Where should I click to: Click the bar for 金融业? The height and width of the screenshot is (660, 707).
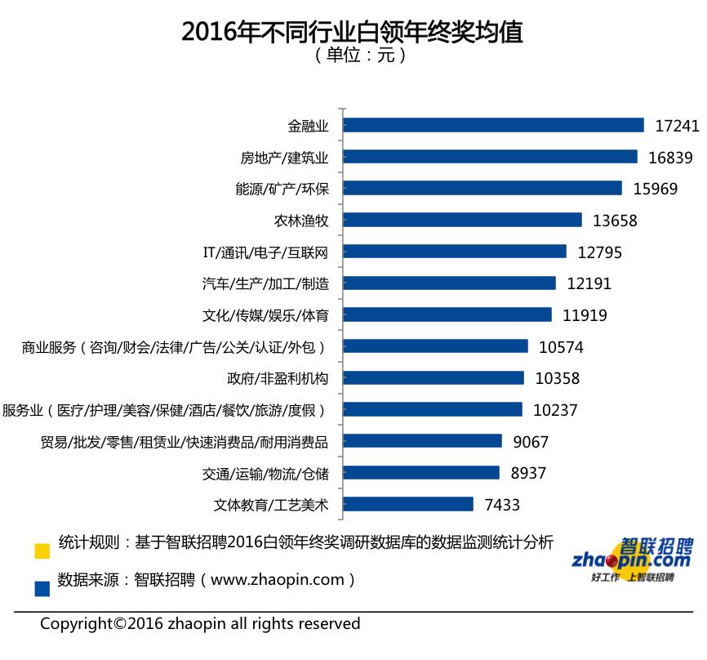[493, 125]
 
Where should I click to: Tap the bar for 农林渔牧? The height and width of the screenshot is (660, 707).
[462, 220]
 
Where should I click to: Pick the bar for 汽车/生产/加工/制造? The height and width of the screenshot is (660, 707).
[449, 283]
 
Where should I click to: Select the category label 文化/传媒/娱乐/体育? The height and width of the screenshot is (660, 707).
[265, 315]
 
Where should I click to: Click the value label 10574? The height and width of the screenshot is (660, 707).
[562, 347]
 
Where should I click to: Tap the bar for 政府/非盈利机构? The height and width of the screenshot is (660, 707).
[434, 378]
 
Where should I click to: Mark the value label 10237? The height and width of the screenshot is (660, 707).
[556, 410]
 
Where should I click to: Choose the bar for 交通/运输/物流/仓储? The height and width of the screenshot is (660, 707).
[421, 473]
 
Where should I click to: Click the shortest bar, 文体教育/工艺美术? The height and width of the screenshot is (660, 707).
[408, 505]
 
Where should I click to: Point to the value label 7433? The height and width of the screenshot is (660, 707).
[502, 505]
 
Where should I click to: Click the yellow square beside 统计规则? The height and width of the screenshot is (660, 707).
[42, 551]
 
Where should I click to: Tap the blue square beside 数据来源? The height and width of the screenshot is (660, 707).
[42, 586]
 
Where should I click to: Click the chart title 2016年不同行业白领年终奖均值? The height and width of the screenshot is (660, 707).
[353, 30]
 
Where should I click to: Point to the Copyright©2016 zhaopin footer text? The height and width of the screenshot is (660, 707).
[200, 624]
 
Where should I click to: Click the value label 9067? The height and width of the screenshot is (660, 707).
[531, 442]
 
